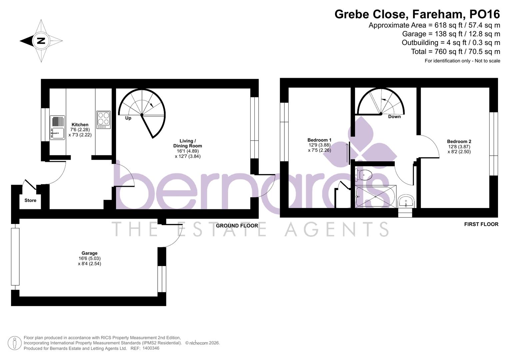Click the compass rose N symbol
[41, 41]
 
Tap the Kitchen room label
[80, 125]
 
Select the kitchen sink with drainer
[58, 127]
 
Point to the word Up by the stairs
[128, 118]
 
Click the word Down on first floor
[394, 117]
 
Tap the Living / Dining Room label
[187, 143]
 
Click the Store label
[30, 200]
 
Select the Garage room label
[89, 253]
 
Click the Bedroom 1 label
[319, 140]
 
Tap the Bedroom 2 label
[459, 141]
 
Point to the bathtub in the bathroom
[375, 196]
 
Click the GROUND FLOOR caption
[237, 226]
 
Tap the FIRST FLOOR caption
[481, 224]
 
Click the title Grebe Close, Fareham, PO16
[417, 14]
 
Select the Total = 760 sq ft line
[455, 52]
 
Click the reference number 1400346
[151, 348]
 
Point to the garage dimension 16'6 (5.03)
[89, 258]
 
